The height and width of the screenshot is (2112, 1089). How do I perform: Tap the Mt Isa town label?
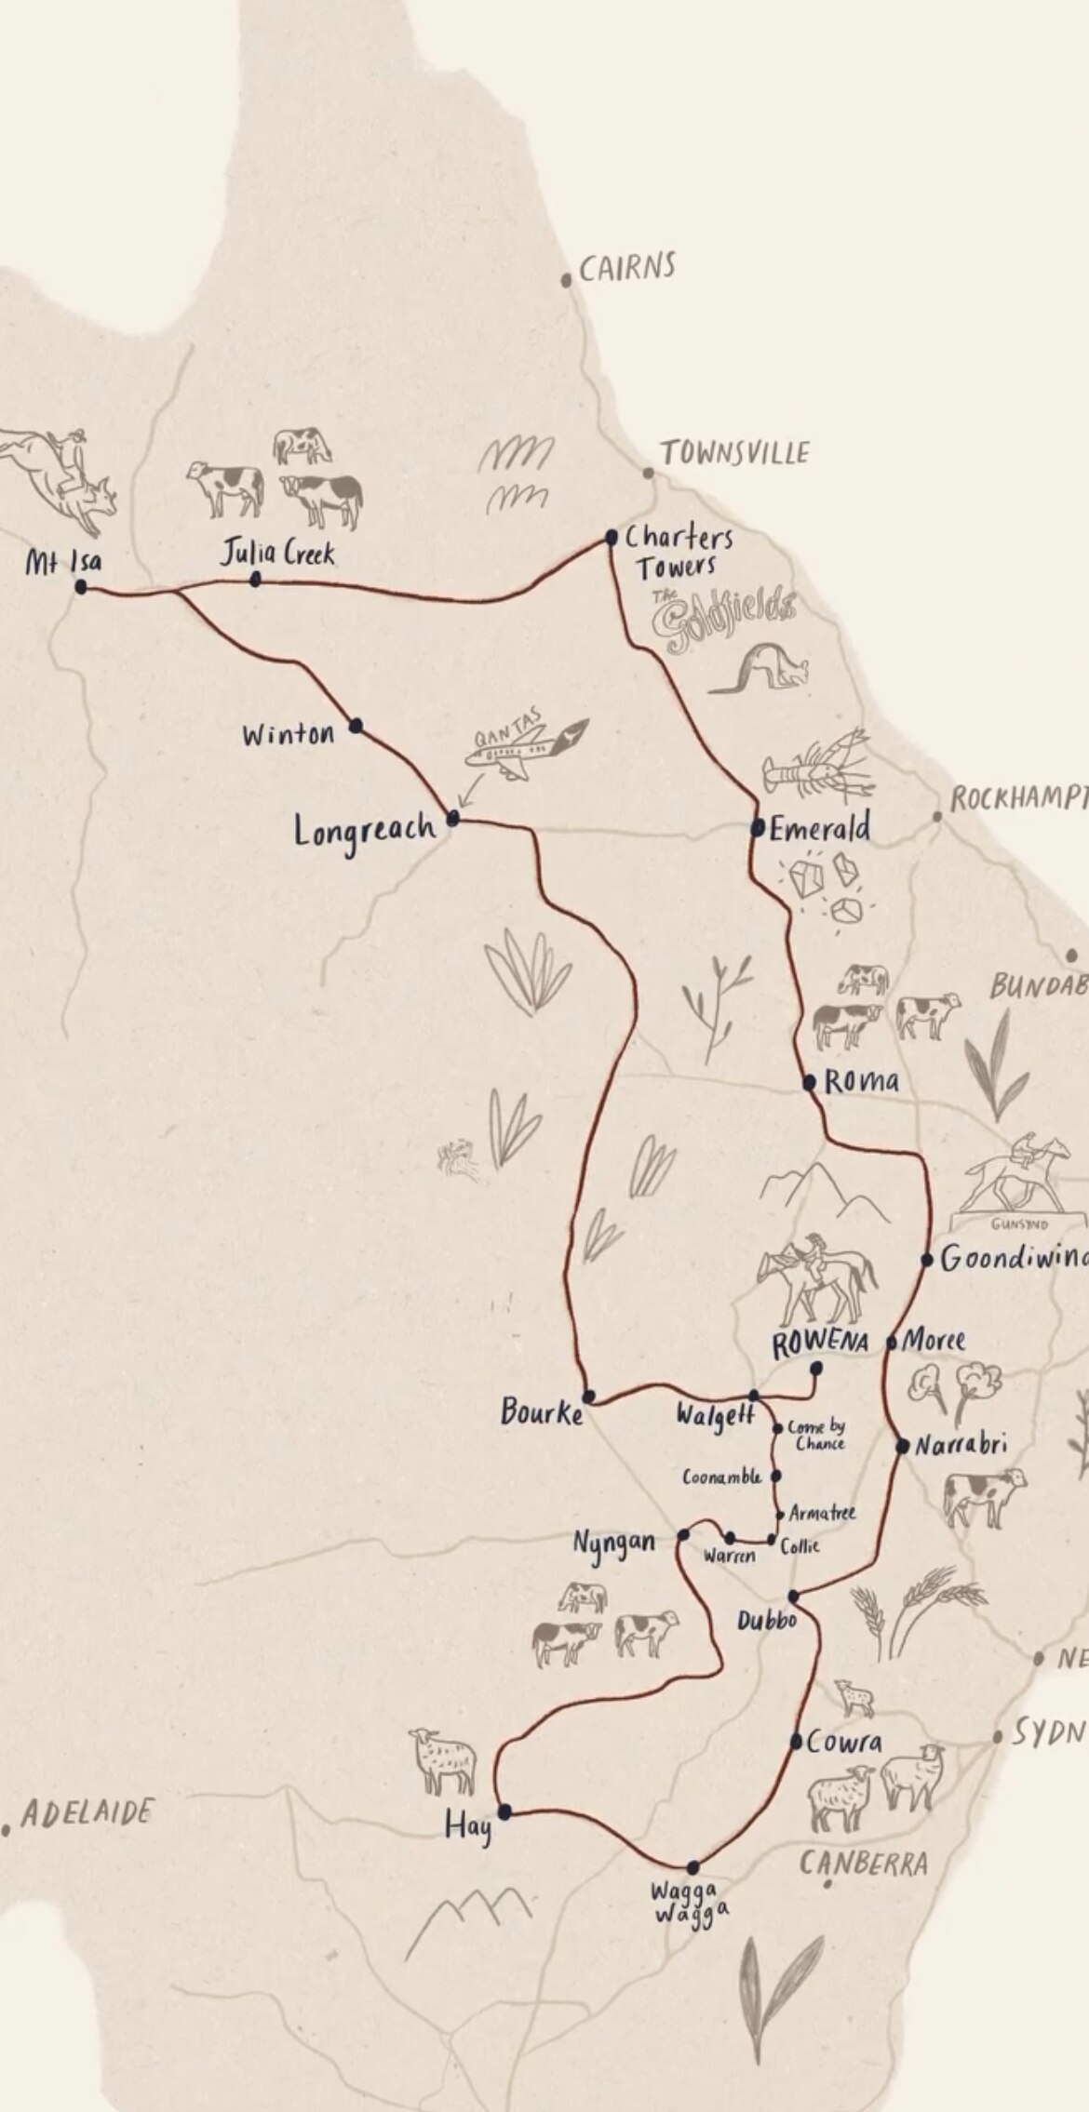(63, 562)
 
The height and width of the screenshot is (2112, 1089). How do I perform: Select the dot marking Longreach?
(453, 819)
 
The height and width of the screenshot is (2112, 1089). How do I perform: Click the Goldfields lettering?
(723, 617)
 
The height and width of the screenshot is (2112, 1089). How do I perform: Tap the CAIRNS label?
(626, 269)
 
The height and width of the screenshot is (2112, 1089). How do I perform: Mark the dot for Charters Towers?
(612, 537)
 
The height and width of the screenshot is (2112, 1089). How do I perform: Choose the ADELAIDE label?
(87, 1812)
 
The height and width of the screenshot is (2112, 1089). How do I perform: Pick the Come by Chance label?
(816, 1435)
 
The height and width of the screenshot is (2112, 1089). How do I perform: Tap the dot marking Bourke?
(588, 1396)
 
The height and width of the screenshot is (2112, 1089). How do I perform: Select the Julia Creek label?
(277, 554)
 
